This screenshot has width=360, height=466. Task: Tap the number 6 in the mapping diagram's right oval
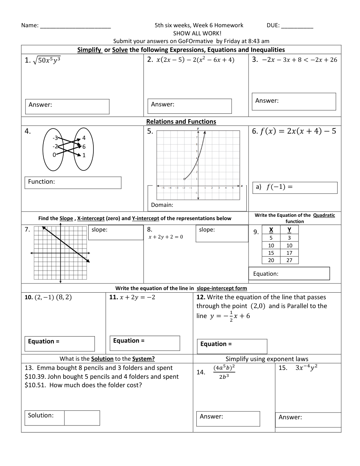point(84,146)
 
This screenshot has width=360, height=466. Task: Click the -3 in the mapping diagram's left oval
point(55,138)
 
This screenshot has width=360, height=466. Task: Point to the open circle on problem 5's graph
point(184,179)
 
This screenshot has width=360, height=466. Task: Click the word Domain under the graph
point(162,205)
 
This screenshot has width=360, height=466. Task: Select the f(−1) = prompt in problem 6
point(279,187)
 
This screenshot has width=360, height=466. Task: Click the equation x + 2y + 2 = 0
point(165,237)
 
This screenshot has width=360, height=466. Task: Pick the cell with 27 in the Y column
point(289,260)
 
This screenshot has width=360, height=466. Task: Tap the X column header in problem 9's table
point(271,230)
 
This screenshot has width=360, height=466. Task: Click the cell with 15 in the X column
point(271,253)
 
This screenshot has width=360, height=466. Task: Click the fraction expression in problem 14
point(224,372)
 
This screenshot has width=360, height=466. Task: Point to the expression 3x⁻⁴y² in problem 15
point(306,368)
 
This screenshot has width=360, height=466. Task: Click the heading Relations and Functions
point(181,121)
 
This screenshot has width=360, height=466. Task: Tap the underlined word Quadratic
point(324,215)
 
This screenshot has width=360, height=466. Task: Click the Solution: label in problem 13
point(41,415)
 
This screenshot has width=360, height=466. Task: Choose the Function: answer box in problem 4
point(73,183)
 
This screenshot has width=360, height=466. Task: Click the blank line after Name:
point(75,26)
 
